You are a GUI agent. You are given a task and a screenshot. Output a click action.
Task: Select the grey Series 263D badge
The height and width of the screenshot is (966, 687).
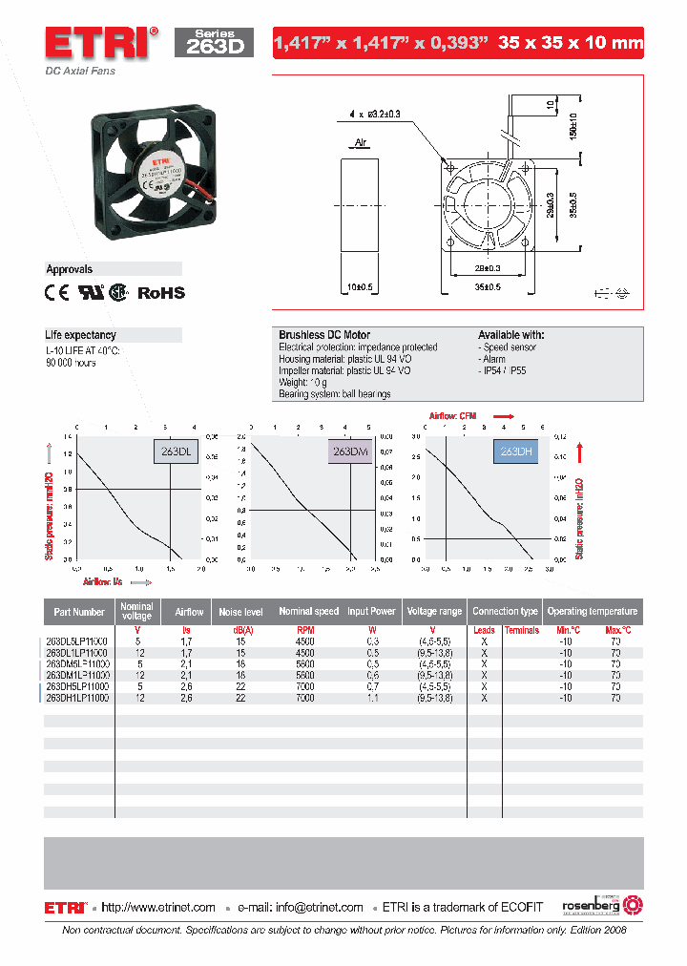click(x=214, y=43)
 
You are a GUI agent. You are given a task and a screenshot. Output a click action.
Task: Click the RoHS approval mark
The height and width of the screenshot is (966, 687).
click(x=161, y=293)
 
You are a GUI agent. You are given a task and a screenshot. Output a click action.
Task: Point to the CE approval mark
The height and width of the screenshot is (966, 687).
click(x=58, y=293)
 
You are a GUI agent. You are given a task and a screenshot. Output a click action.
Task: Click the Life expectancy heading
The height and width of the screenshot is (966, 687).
click(x=81, y=335)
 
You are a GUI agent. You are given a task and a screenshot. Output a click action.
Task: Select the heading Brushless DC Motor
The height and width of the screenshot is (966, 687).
click(x=323, y=335)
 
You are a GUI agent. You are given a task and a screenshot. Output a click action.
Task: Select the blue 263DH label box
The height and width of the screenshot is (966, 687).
click(x=515, y=451)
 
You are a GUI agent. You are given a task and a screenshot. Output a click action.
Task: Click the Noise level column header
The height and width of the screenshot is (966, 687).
click(x=240, y=611)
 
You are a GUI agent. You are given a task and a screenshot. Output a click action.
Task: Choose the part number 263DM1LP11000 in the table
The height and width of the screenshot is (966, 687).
click(x=78, y=674)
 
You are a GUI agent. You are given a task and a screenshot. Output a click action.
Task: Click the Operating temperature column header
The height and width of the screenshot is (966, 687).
click(x=592, y=611)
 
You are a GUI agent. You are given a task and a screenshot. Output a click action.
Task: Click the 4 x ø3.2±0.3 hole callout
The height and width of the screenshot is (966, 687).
click(x=375, y=114)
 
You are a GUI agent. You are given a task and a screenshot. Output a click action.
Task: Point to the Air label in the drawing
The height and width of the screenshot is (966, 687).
click(x=362, y=143)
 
